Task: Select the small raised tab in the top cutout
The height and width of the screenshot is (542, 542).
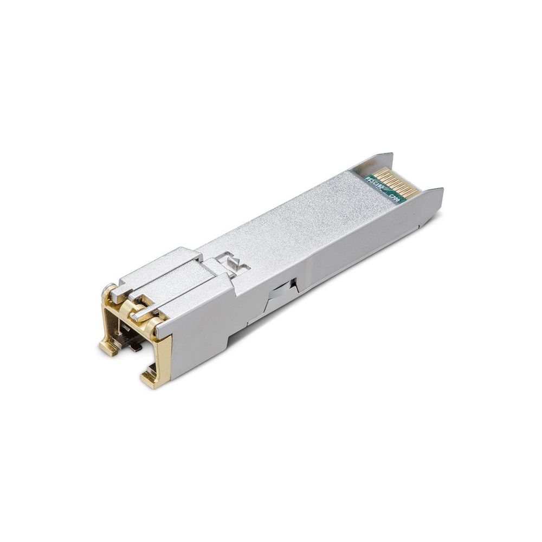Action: (231, 263)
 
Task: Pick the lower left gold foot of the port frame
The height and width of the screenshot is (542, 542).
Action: (109, 347)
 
